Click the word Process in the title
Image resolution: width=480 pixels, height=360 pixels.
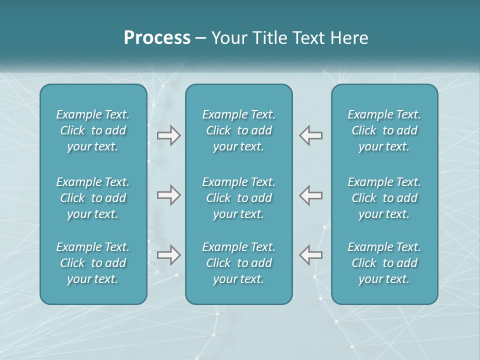(157, 38)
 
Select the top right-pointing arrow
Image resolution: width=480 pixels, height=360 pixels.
(168, 135)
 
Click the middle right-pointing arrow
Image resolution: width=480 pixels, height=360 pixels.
(168, 195)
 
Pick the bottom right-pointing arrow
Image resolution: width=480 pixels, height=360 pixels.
(168, 255)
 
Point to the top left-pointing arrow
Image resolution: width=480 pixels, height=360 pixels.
(310, 135)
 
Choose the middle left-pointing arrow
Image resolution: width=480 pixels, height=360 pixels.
(310, 195)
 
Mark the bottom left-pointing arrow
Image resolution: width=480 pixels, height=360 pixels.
(310, 255)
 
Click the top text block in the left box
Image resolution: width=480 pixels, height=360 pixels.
(93, 130)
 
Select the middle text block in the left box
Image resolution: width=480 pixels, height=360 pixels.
(93, 198)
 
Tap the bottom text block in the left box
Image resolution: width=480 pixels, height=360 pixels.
(93, 263)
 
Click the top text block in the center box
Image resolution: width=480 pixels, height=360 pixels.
(238, 130)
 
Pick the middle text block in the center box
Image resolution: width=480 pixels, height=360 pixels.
(238, 198)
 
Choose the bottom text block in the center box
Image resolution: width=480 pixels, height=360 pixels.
(238, 263)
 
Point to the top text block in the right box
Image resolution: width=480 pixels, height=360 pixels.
(384, 130)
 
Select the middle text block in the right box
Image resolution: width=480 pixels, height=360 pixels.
(384, 198)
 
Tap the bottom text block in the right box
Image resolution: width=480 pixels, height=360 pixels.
(384, 263)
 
